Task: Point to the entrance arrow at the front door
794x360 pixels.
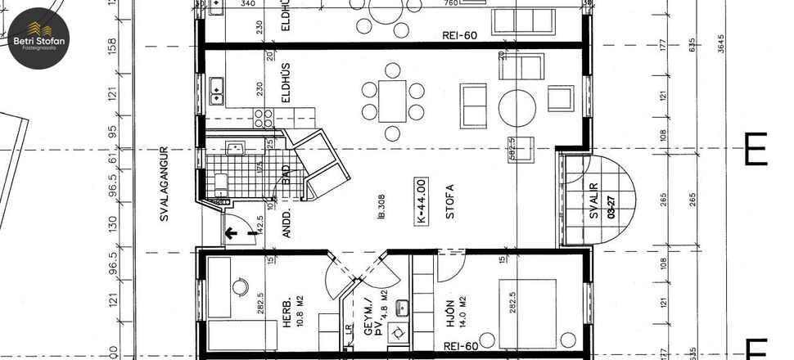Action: point(234,232)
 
